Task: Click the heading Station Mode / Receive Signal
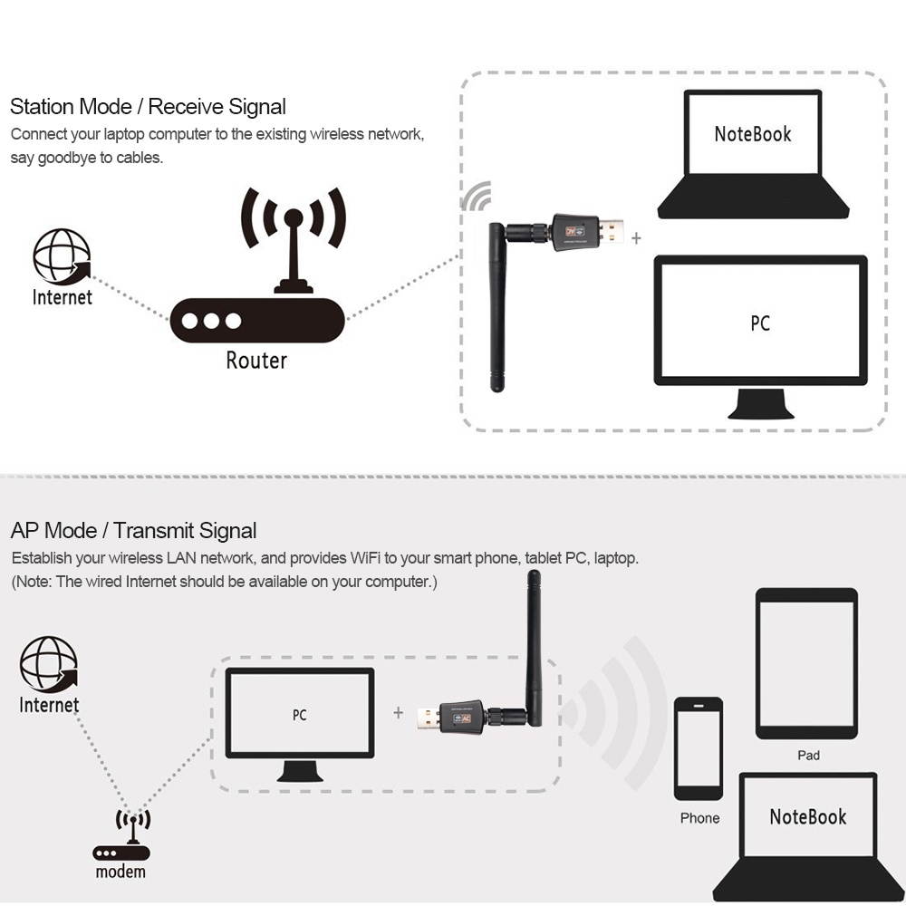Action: coord(148,107)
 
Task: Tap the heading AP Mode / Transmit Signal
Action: coord(133,531)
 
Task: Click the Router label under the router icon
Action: coord(256,361)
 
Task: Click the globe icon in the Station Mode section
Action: coord(62,256)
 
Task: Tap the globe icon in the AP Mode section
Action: coord(49,664)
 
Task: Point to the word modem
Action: coord(120,872)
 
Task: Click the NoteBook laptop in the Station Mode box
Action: coord(753,154)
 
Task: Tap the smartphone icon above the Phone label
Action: coord(699,748)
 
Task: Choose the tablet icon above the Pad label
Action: coord(806,663)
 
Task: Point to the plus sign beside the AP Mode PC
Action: coord(398,713)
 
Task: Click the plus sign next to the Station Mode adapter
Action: coord(636,238)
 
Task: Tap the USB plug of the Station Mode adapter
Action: coord(614,230)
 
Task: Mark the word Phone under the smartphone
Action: coord(699,818)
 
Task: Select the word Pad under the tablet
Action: coord(808,755)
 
